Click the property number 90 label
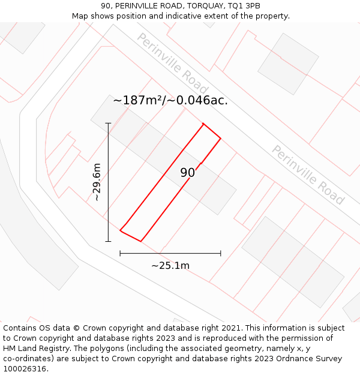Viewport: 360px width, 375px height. tap(188, 173)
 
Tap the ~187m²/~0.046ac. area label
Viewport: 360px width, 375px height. tap(170, 100)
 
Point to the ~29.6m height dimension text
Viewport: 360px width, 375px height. tap(97, 182)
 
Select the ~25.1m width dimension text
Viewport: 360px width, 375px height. tap(170, 265)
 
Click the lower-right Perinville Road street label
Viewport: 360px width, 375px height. tap(308, 175)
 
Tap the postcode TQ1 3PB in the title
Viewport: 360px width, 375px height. tap(245, 6)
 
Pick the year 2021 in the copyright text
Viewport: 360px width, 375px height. tap(232, 328)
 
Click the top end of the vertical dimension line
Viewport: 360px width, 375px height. tap(109, 123)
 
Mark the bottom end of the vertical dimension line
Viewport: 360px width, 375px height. tap(109, 242)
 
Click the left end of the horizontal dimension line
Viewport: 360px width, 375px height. tap(120, 253)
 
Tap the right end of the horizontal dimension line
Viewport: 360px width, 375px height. tap(221, 253)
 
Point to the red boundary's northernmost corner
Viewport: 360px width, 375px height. tap(203, 124)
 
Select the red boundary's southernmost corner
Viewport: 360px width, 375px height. tap(141, 241)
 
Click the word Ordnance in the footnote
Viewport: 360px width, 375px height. tap(292, 358)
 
